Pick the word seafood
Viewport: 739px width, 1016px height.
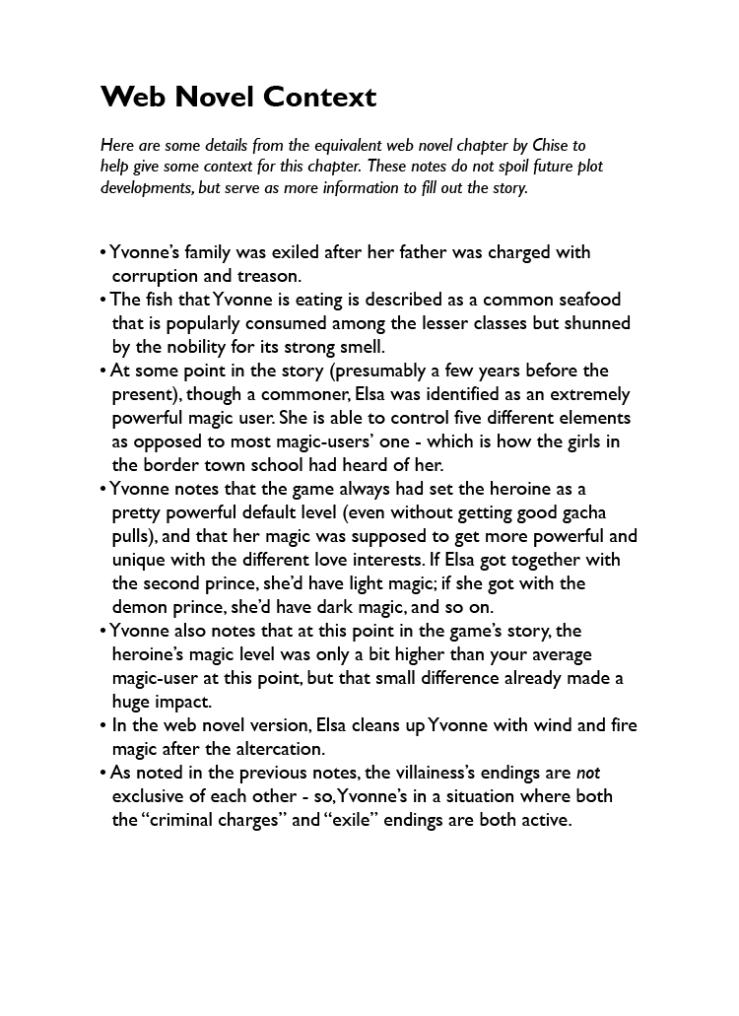pos(588,300)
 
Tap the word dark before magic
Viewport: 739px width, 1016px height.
pos(386,607)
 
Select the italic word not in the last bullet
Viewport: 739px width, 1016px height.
pos(587,773)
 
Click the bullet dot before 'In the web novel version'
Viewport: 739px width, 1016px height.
pos(103,726)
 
